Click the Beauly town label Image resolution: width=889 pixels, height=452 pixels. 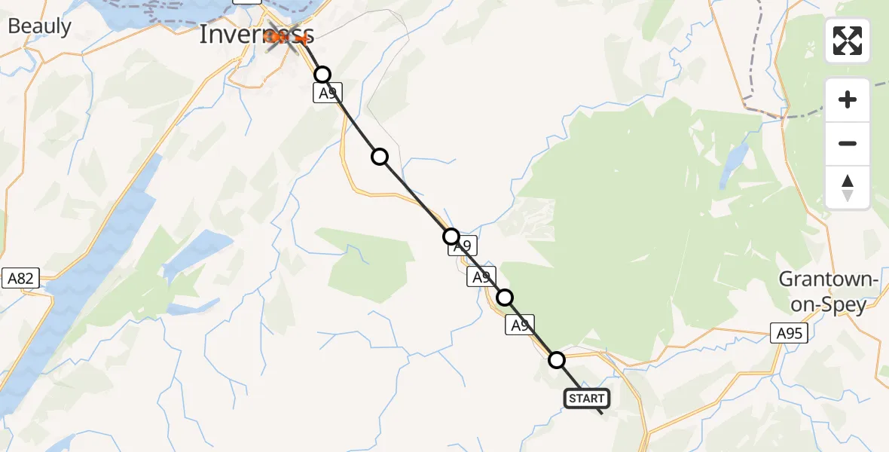coord(39,27)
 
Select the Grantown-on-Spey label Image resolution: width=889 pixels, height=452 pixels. coord(829,292)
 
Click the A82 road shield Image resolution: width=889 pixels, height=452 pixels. coord(20,279)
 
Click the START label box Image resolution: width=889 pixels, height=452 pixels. coord(586,399)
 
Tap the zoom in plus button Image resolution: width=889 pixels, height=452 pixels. coord(848,99)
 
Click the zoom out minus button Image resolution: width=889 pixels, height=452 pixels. coord(848,143)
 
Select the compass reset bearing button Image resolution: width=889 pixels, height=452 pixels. coord(848,187)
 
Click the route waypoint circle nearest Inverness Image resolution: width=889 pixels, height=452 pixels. coord(322,75)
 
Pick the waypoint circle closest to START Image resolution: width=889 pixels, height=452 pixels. coord(557,360)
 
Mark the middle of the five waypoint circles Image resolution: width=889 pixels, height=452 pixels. coord(451,237)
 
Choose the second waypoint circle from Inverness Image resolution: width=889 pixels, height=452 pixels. coord(380,157)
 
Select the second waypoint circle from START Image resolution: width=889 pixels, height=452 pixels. coord(505,298)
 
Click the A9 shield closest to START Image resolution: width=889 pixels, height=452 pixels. coord(520,325)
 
